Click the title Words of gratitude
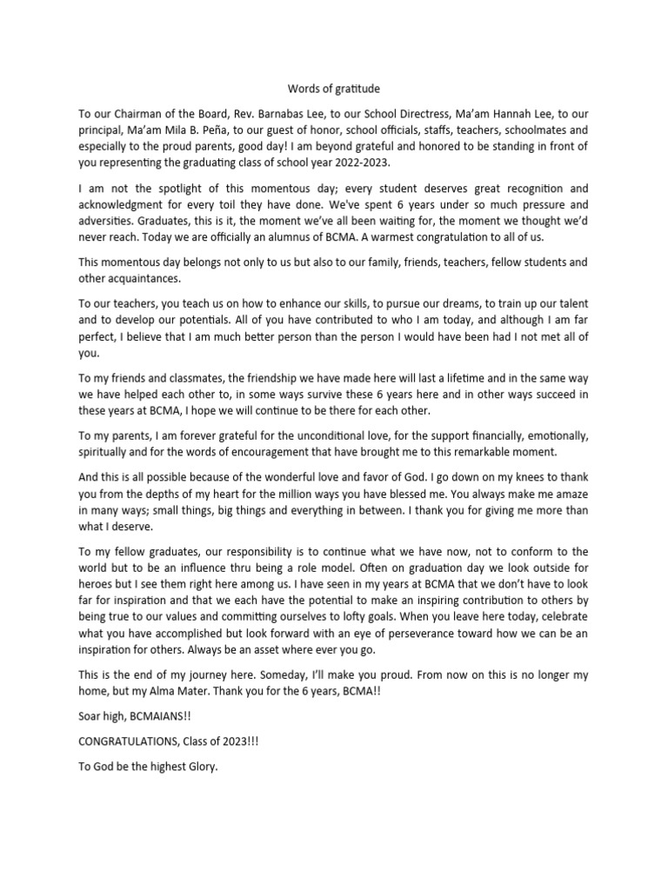coord(334,89)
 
